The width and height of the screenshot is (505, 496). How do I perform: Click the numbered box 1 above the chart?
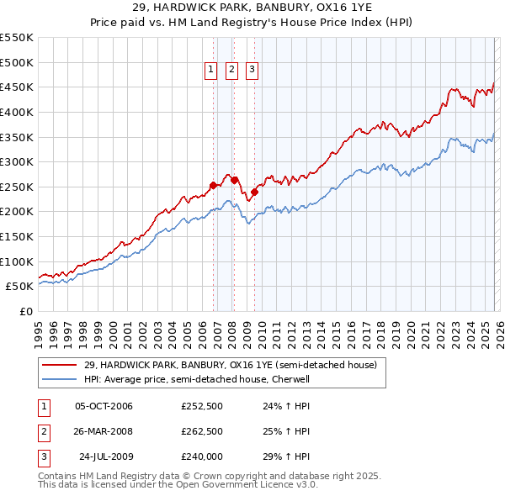point(210,71)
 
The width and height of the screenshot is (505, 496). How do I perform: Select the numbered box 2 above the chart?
point(231,71)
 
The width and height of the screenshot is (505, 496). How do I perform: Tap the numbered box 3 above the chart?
point(252,71)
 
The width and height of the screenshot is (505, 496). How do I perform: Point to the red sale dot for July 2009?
point(254,192)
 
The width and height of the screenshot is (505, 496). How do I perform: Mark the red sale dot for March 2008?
point(235,180)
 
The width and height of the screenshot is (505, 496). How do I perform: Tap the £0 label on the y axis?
point(25,311)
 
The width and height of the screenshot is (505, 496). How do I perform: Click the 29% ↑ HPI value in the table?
point(280,457)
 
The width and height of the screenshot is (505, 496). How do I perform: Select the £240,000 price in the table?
point(202,457)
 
